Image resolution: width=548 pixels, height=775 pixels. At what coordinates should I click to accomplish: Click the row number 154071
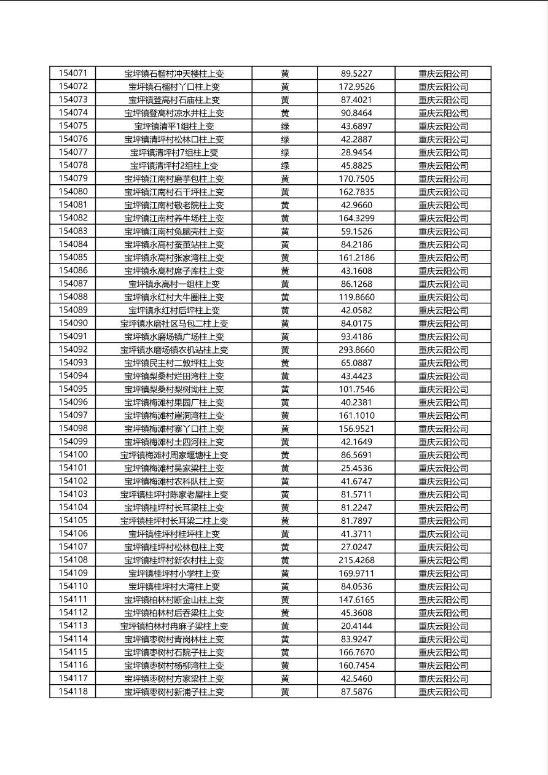point(73,73)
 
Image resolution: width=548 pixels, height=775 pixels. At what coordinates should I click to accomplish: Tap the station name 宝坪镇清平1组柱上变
point(174,126)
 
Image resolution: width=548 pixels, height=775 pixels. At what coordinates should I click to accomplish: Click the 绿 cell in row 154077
point(285,152)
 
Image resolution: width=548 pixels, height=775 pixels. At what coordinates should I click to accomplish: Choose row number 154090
point(73,323)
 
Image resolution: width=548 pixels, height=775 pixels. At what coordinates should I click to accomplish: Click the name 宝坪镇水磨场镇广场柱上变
point(174,337)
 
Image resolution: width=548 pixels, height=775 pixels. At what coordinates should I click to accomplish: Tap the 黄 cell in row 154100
point(285,455)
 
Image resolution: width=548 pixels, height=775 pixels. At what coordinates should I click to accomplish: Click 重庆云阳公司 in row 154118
point(443,692)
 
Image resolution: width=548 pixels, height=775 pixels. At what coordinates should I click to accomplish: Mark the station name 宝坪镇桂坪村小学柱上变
point(174,574)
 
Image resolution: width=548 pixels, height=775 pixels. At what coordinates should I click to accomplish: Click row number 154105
point(73,520)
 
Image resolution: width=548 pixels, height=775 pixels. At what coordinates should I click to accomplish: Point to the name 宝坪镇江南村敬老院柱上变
point(174,205)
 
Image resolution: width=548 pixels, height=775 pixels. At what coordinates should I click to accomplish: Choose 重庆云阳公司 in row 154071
point(443,74)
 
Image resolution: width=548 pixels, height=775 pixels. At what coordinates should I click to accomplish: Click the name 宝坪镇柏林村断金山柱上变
point(174,600)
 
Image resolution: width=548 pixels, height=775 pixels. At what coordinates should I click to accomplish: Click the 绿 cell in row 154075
point(285,126)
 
